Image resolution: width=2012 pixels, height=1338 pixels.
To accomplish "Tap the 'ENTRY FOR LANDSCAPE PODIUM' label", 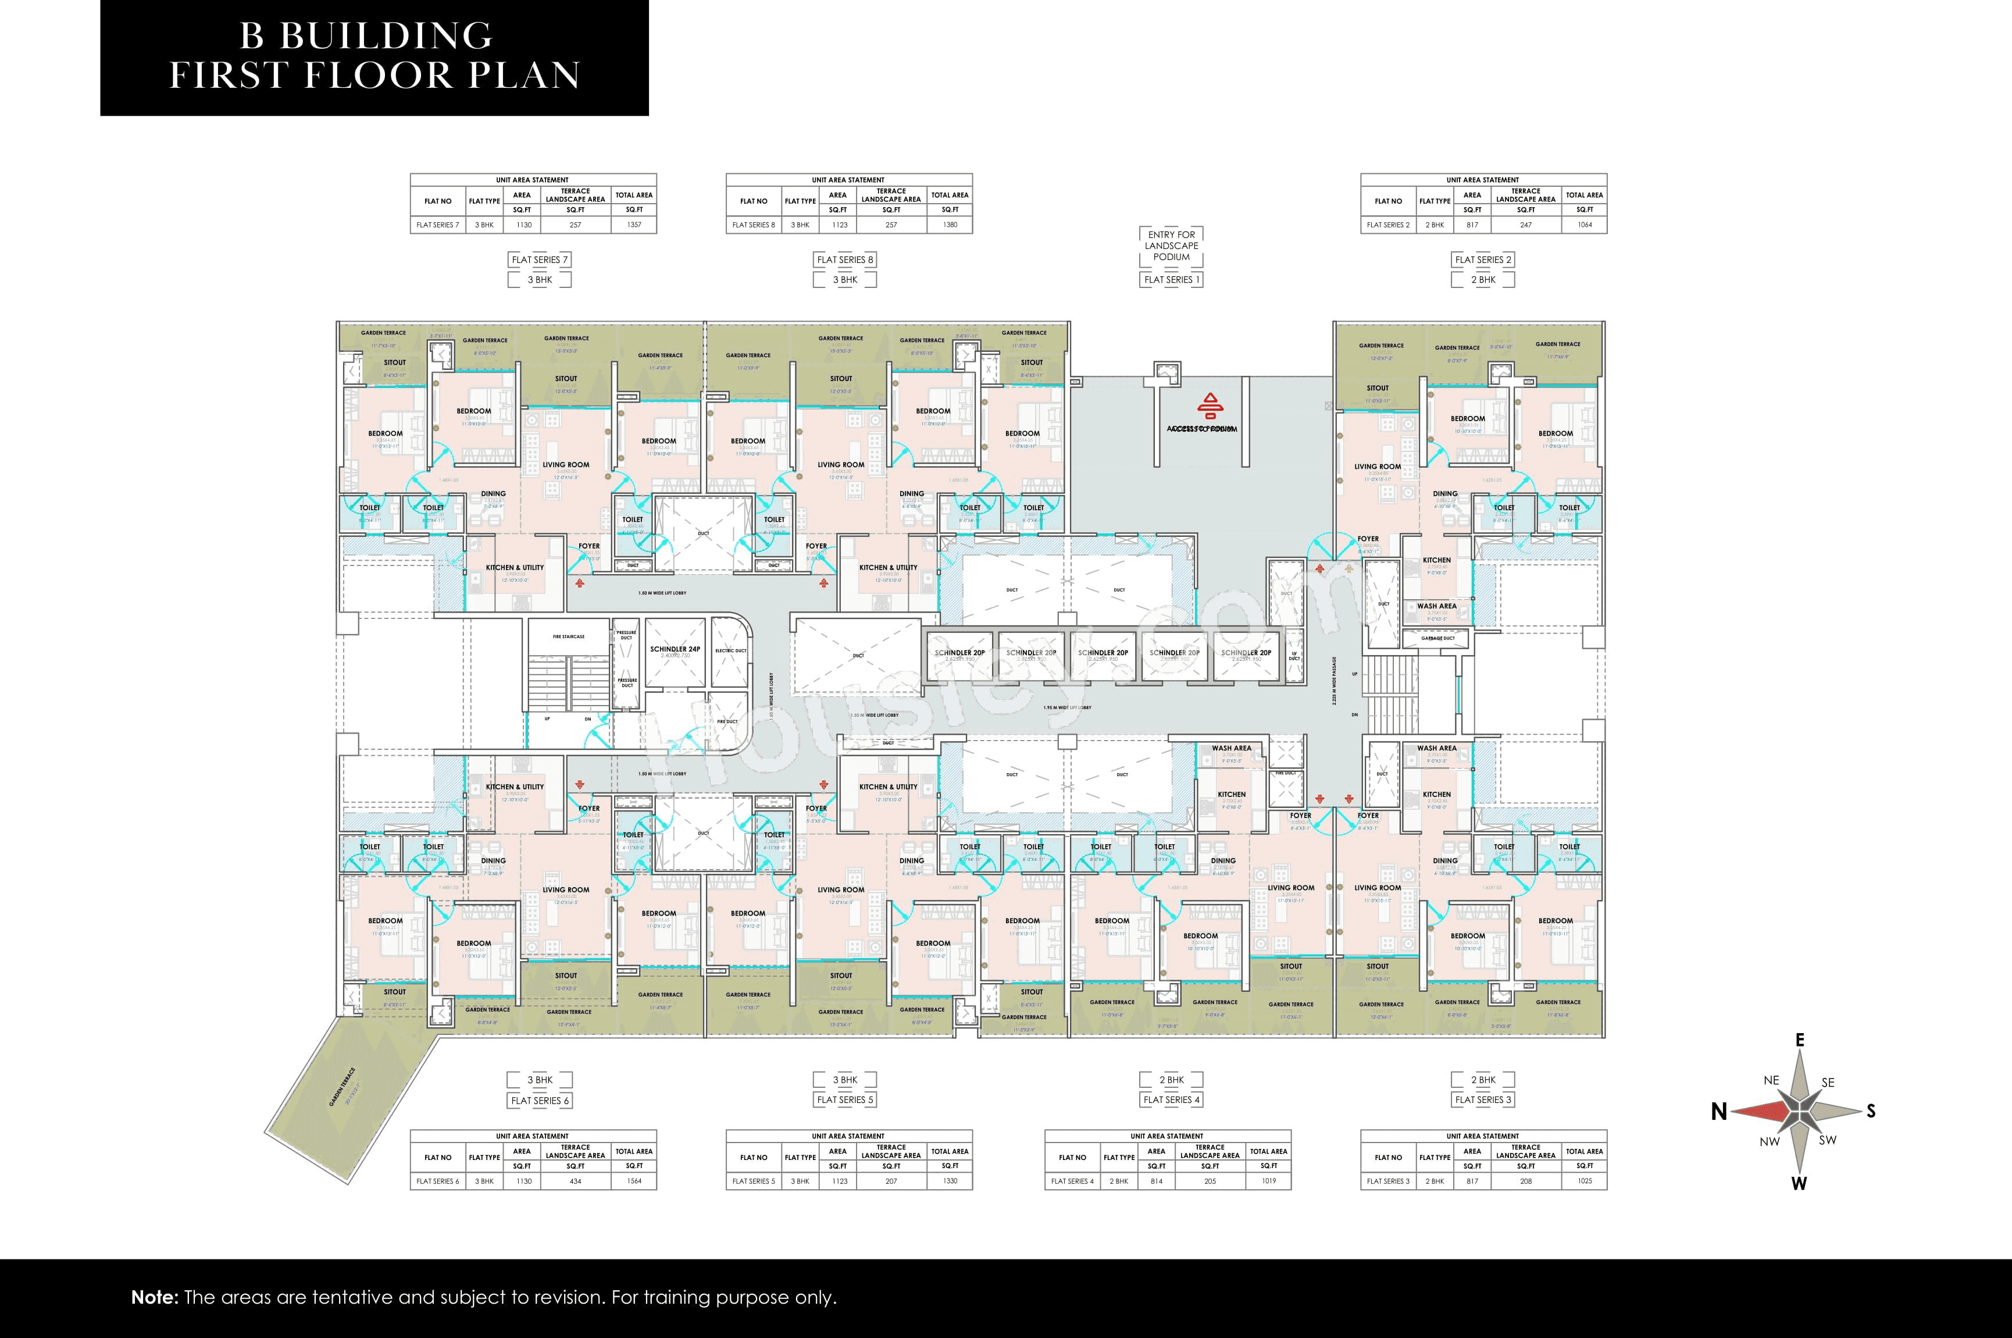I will pyautogui.click(x=1171, y=245).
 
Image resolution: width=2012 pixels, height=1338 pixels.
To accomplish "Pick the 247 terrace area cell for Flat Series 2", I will pyautogui.click(x=1525, y=225).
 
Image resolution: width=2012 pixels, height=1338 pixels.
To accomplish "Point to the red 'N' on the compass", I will pyautogui.click(x=1718, y=1112).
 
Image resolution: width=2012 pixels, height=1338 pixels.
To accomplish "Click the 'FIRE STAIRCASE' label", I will pyautogui.click(x=568, y=636).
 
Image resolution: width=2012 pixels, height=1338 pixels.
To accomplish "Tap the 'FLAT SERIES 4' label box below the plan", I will pyautogui.click(x=1171, y=1100).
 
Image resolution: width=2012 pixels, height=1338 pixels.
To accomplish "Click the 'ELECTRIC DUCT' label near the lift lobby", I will pyautogui.click(x=730, y=650).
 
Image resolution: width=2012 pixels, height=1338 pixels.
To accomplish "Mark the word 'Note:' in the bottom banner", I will pyautogui.click(x=154, y=1298).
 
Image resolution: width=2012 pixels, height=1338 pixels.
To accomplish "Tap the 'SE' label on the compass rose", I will pyautogui.click(x=1827, y=1082).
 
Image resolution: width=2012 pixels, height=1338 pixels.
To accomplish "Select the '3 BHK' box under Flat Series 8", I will pyautogui.click(x=846, y=280).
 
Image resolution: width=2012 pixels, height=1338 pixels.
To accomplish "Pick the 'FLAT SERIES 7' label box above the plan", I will pyautogui.click(x=539, y=259).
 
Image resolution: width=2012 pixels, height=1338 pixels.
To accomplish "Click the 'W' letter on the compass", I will pyautogui.click(x=1799, y=1183).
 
